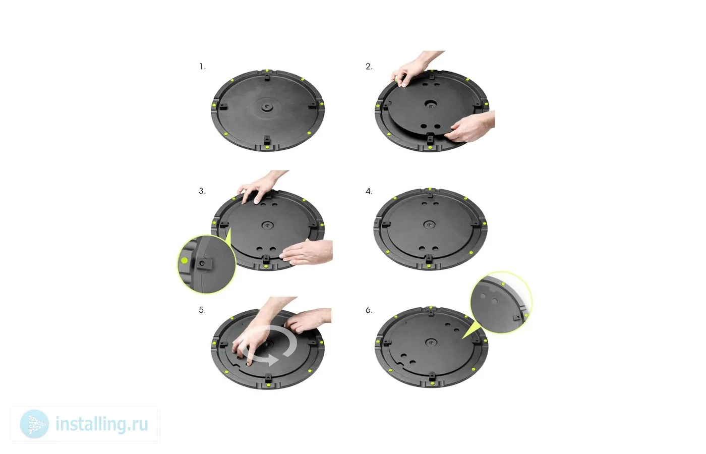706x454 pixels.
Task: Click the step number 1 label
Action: [202, 67]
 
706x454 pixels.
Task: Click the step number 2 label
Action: [369, 67]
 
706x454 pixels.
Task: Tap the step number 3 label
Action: [202, 191]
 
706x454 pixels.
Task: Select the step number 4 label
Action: [369, 191]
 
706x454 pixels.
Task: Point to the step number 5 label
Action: [202, 310]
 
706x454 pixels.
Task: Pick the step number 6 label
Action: [369, 310]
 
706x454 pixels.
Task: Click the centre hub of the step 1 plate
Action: [267, 107]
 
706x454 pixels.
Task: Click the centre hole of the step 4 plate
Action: [429, 225]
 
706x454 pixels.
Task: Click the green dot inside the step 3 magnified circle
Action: [184, 260]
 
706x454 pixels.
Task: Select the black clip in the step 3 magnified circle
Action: [204, 263]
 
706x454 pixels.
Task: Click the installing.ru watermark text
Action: [102, 424]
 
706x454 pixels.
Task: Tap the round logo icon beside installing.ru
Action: [34, 424]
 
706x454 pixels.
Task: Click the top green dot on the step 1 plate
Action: [267, 71]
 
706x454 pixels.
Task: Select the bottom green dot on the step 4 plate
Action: [429, 266]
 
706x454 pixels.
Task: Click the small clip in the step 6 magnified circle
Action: [517, 317]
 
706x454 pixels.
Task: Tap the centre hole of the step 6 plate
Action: [431, 342]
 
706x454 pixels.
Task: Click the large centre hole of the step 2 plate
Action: [431, 103]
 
